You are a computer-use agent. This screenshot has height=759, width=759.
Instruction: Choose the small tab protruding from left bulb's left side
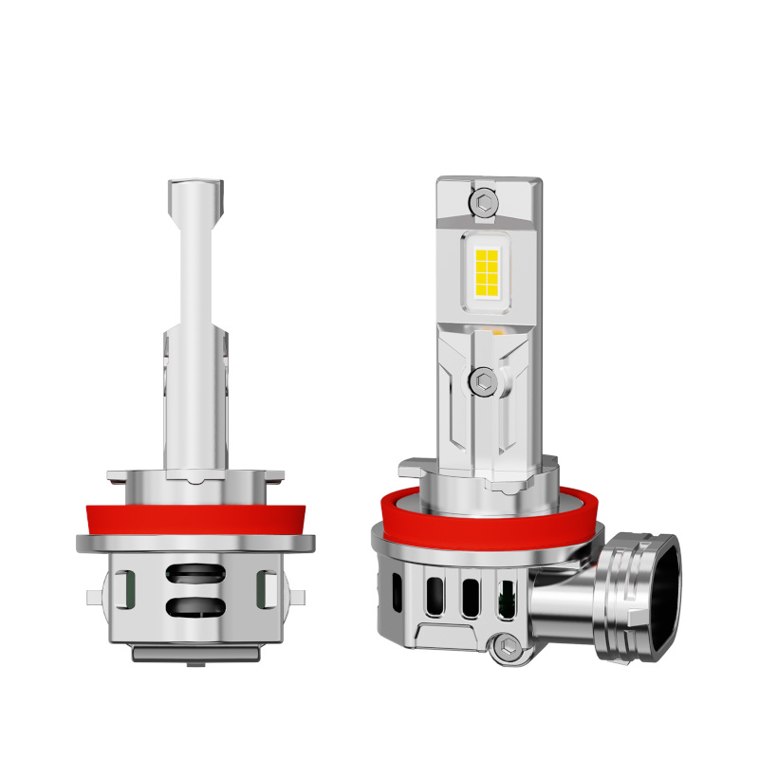point(92,597)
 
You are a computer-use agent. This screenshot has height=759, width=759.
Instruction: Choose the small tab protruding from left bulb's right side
point(298,597)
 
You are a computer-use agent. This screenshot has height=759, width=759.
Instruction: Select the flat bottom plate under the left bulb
point(195,654)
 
